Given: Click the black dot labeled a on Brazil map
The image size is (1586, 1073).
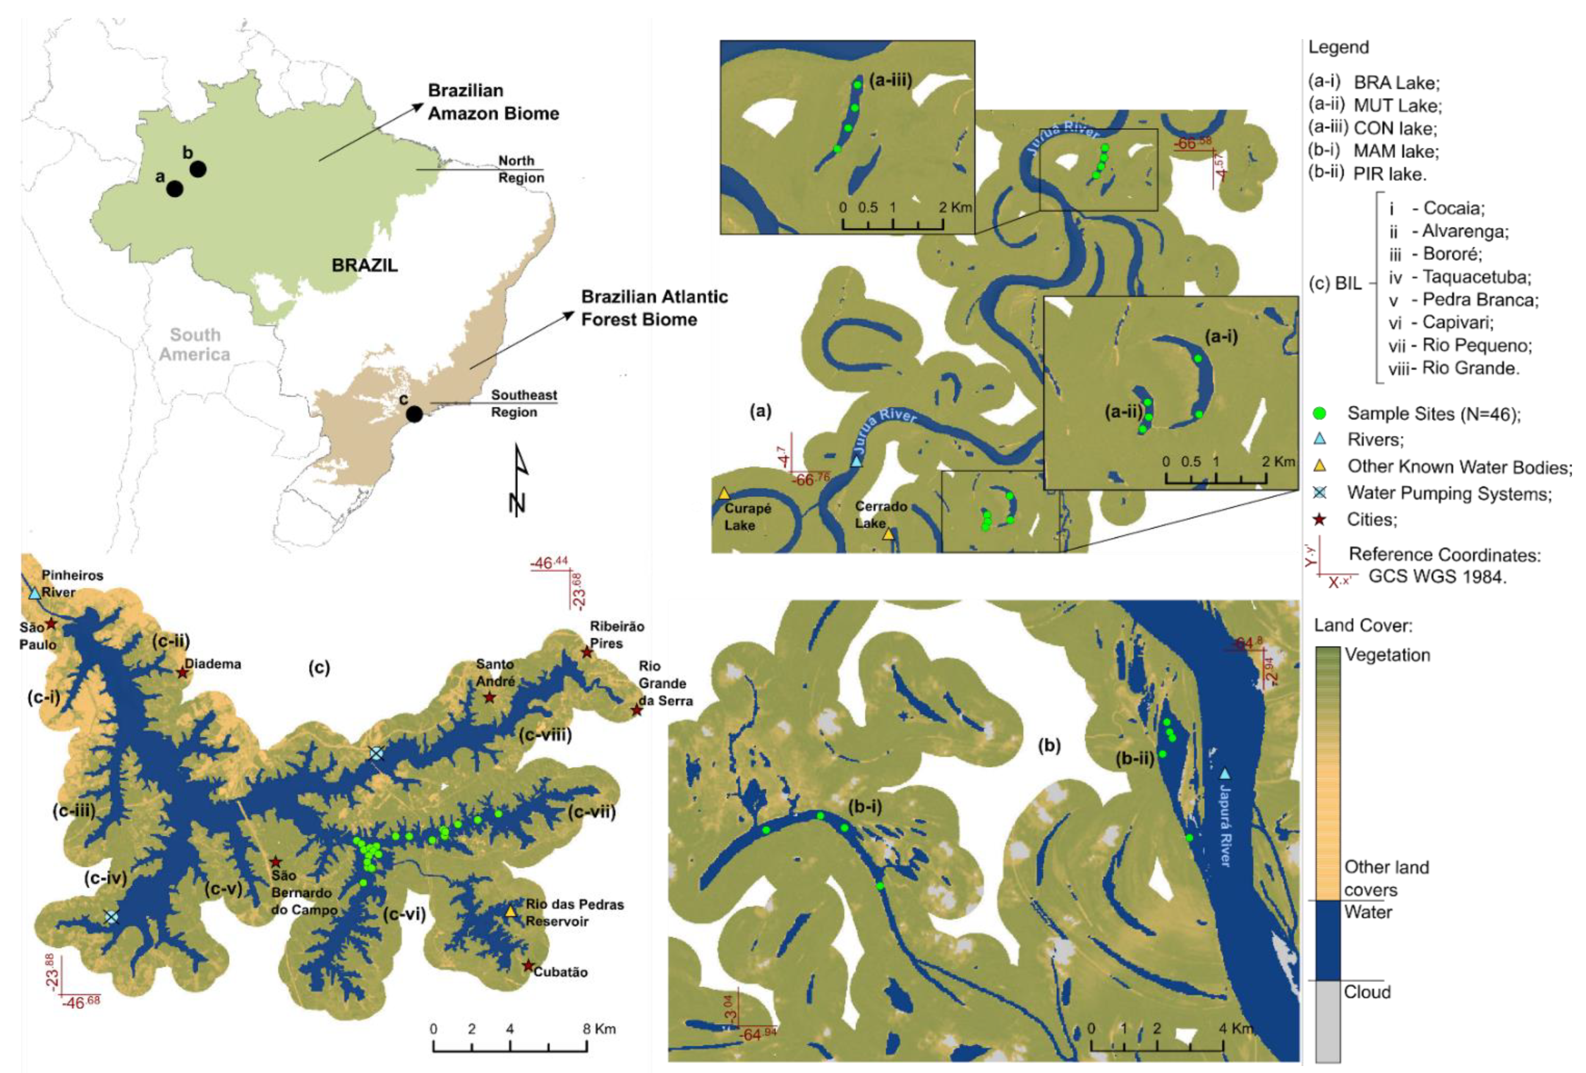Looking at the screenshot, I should [x=175, y=188].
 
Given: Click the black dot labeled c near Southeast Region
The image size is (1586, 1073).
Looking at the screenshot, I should [x=414, y=414].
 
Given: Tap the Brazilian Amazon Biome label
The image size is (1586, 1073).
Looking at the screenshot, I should [x=493, y=102].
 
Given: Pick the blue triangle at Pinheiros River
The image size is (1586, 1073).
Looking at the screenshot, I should [x=34, y=594].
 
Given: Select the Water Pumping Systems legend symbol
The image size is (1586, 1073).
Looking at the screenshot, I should [x=1320, y=493].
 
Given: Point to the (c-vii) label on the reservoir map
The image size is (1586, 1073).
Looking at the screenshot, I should [x=591, y=812].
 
